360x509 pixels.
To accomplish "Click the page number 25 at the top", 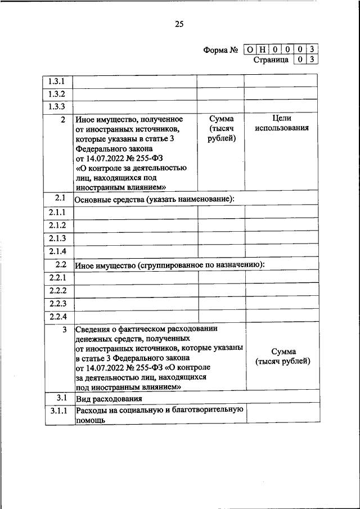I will [179, 24].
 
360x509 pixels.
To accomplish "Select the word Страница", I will [271, 59].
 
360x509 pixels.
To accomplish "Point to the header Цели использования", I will [281, 124].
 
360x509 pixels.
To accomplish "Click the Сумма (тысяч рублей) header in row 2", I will [221, 129].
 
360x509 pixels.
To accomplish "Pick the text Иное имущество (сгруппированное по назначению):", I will [169, 265].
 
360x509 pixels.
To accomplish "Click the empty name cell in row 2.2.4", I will [136, 316].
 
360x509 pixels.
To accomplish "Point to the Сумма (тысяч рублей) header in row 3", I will [283, 357].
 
